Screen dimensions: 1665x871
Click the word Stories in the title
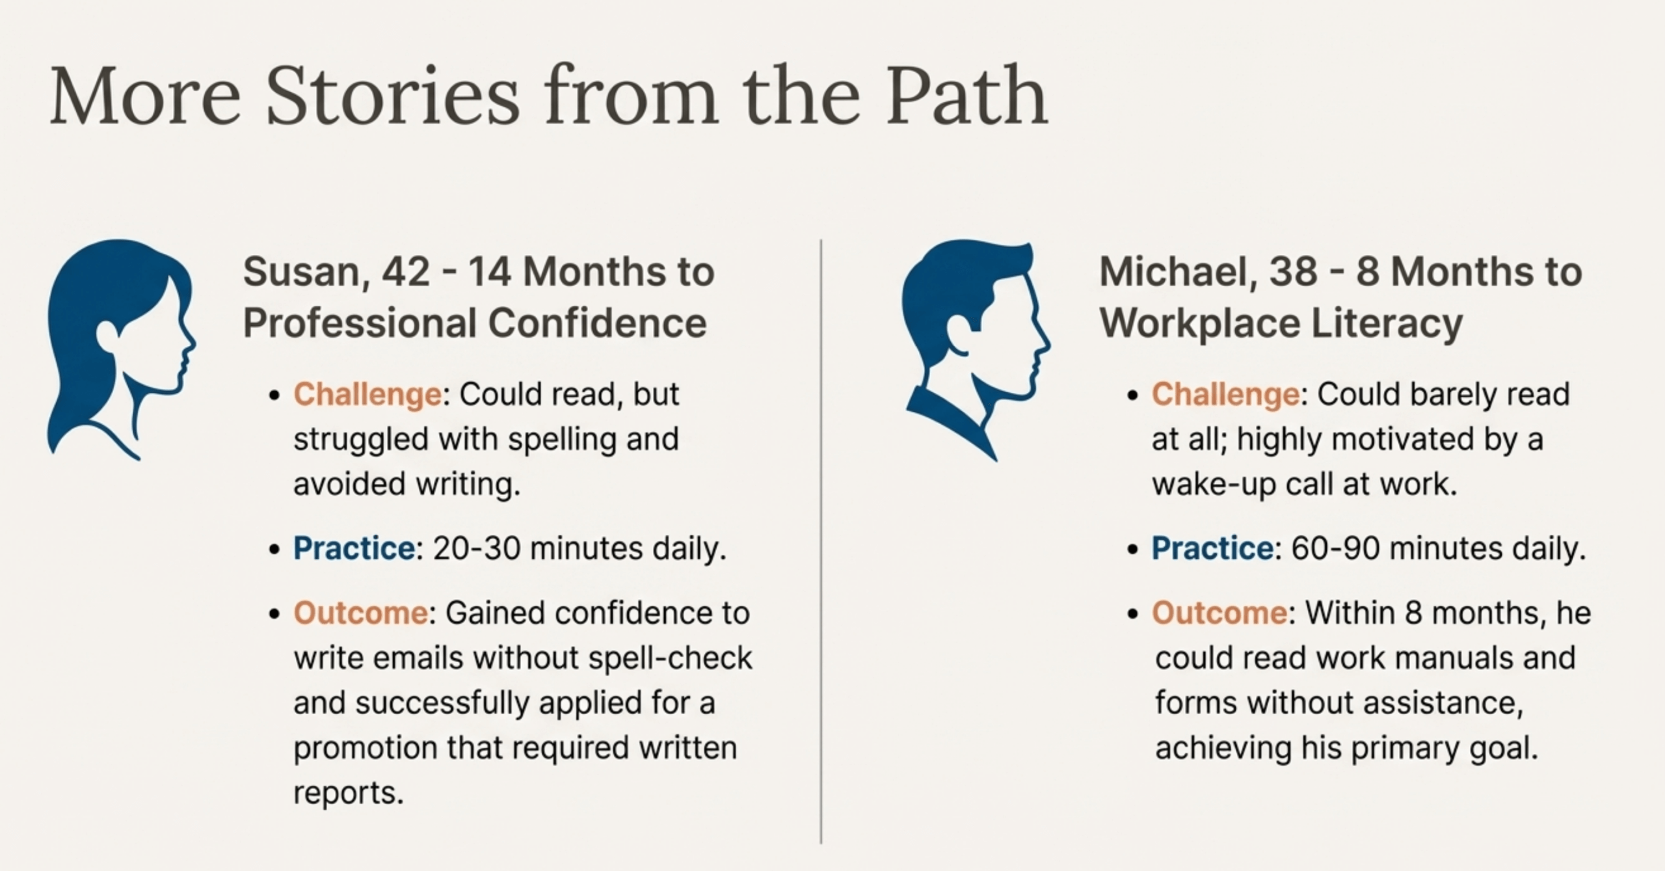pyautogui.click(x=392, y=96)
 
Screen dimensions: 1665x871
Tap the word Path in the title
pyautogui.click(x=966, y=96)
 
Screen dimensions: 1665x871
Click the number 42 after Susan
pyautogui.click(x=406, y=272)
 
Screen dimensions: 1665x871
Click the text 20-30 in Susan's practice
pyautogui.click(x=477, y=548)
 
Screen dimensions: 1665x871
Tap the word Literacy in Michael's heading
pyautogui.click(x=1387, y=324)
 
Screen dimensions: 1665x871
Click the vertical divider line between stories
pyautogui.click(x=821, y=541)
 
